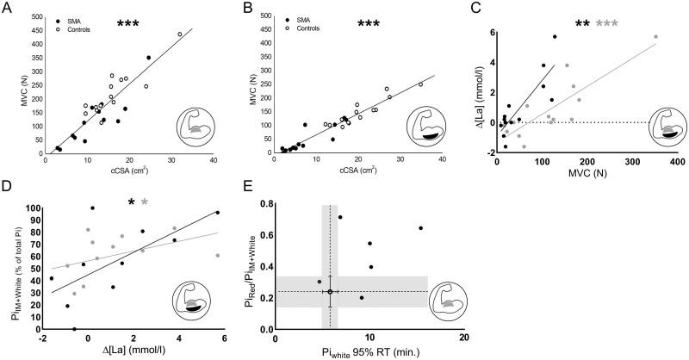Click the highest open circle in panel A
pyautogui.click(x=180, y=34)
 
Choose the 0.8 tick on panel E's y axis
pyautogui.click(x=264, y=204)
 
